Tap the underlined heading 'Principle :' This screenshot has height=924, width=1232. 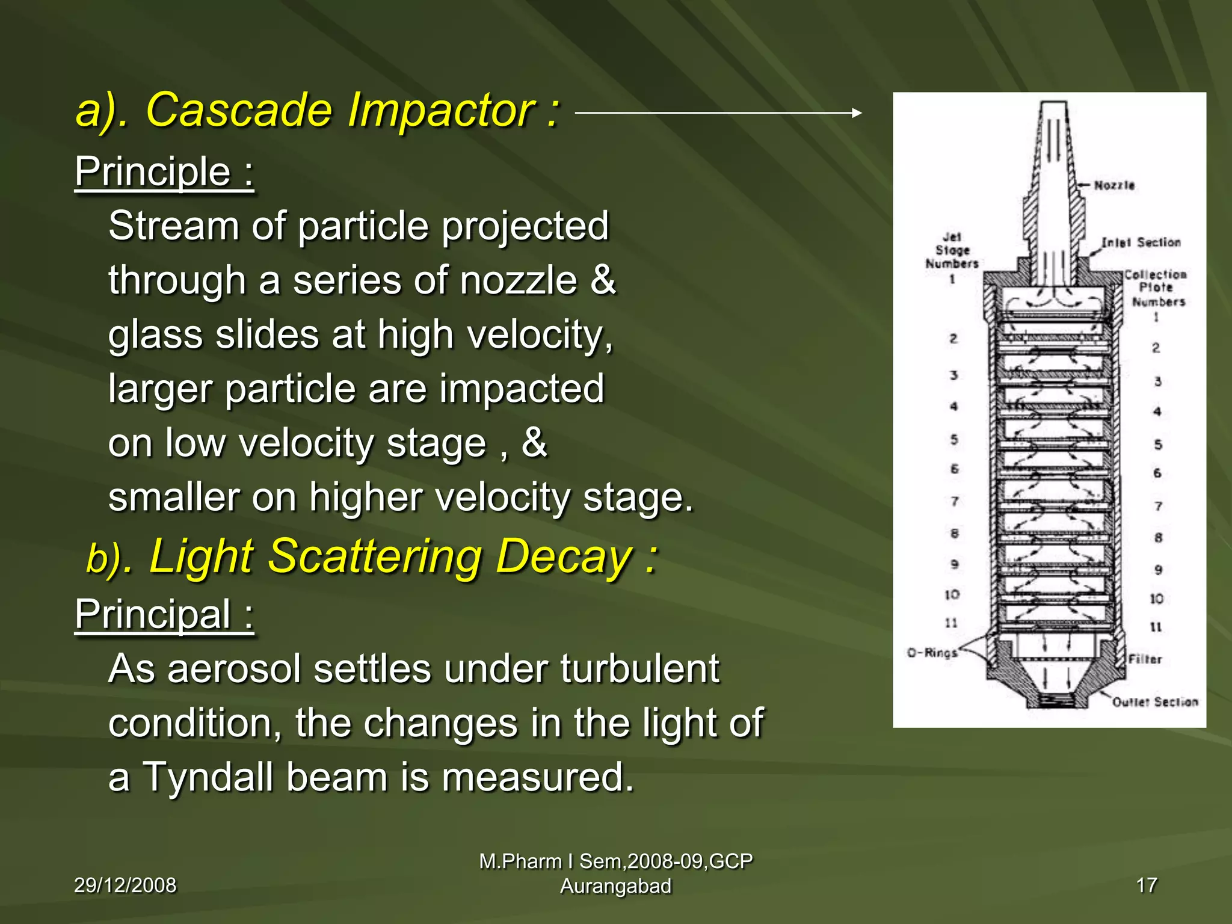tap(164, 173)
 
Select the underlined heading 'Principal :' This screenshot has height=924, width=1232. tap(164, 615)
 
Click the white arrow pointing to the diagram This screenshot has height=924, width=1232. tap(718, 112)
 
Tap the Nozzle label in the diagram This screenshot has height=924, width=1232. tap(1113, 185)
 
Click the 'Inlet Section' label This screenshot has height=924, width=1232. tap(1141, 242)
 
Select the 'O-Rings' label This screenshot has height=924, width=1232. tap(932, 653)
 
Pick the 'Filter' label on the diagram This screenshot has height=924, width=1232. tap(1145, 659)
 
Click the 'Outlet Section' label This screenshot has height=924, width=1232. tap(1154, 702)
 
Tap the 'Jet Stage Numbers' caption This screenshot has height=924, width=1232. tap(952, 251)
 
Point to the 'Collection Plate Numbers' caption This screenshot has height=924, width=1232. tap(1156, 288)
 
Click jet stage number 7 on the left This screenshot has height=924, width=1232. tap(954, 501)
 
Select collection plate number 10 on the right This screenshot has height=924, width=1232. tap(1156, 599)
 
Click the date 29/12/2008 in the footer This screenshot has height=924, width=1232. tap(125, 885)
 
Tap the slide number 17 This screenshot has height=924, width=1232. tap(1147, 885)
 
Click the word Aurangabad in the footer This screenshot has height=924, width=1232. tap(615, 887)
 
